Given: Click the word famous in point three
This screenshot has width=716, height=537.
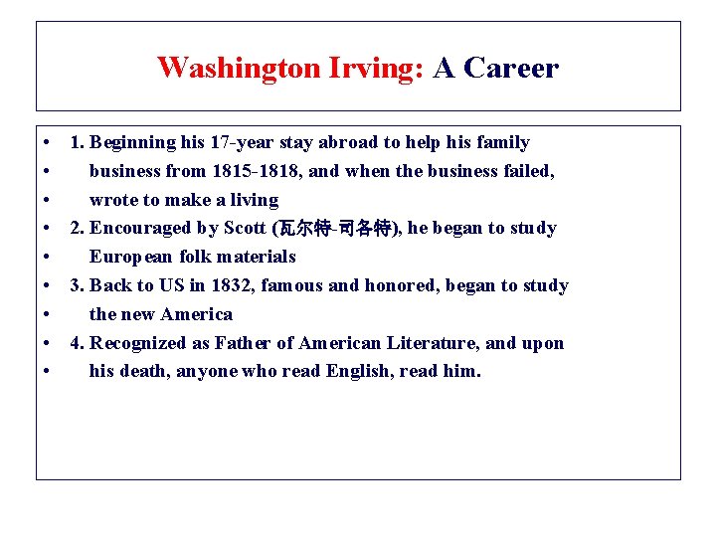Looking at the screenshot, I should [291, 285].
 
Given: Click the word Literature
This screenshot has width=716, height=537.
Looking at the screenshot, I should [435, 343].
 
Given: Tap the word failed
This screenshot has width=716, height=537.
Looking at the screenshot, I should [527, 171].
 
